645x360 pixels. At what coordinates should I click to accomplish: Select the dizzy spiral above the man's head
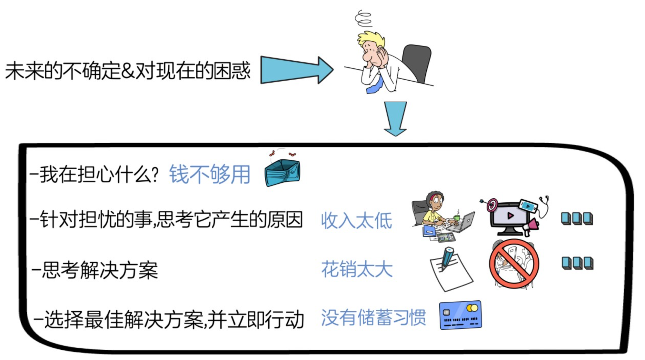363,18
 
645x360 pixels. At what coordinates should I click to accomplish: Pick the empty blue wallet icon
282,173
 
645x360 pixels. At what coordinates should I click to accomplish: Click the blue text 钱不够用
210,175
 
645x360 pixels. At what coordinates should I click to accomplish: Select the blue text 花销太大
357,269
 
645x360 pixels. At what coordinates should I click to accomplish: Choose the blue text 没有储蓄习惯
373,318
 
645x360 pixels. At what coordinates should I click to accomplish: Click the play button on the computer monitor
510,215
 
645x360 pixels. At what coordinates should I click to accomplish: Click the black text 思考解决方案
100,270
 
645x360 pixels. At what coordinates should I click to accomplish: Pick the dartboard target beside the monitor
492,205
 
